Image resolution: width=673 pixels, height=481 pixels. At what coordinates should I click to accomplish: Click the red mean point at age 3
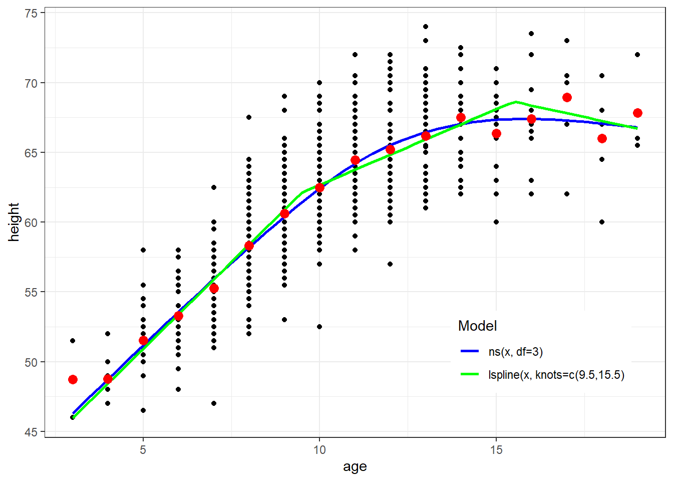pos(73,379)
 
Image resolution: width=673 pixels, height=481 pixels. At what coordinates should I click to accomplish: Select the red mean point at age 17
pos(567,97)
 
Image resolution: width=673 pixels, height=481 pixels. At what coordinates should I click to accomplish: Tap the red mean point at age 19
pos(637,113)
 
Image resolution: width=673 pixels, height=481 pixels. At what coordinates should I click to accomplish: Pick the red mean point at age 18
pos(602,138)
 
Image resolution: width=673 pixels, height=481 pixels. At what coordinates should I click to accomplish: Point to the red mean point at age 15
pos(496,133)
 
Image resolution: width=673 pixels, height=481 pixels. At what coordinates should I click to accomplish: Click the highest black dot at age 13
pos(426,27)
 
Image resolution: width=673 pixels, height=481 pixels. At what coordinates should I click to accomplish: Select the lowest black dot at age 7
pos(214,403)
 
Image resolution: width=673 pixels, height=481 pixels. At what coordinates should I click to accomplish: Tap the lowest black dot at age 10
pos(319,327)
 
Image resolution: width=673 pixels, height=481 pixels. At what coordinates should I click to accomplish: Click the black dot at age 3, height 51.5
pos(73,341)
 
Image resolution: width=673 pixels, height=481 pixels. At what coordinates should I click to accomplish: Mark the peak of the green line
pos(515,102)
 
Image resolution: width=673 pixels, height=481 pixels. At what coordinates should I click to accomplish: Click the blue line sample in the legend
pos(470,351)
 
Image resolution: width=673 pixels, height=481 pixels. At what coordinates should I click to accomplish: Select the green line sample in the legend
pos(470,374)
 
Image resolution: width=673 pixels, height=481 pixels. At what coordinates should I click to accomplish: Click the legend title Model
pos(477,326)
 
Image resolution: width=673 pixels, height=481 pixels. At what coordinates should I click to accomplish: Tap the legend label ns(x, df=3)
pos(515,352)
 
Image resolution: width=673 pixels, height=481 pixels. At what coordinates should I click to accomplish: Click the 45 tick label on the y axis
pos(32,432)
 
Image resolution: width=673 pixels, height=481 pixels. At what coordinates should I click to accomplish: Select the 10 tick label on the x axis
pos(319,449)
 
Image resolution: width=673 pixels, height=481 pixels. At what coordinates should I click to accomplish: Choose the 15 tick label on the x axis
pos(496,449)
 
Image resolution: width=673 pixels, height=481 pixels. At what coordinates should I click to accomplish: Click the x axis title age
pos(355,467)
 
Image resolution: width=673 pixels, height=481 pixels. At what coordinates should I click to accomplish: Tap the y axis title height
pos(14,222)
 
